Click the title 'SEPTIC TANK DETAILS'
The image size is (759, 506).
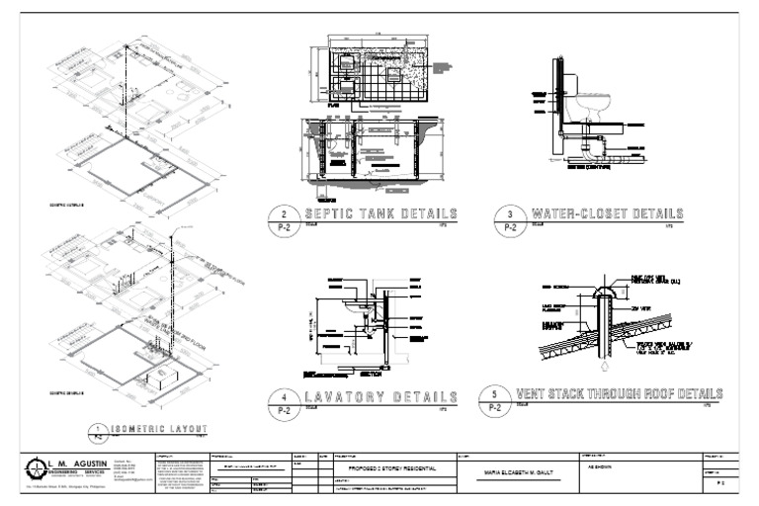379,214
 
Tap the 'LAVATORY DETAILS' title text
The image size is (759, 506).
379,396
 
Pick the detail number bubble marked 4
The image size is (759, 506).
284,401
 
